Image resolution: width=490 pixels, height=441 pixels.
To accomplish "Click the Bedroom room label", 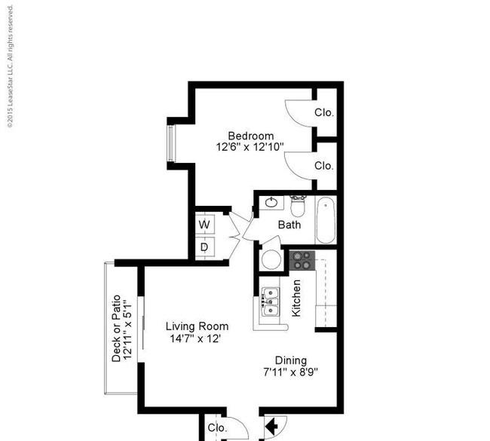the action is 250,136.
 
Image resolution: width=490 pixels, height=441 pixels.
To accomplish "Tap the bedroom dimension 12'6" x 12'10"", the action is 250,147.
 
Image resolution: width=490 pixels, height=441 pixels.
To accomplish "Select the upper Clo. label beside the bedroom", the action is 324,112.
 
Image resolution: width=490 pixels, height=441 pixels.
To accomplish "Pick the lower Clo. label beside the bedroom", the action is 324,166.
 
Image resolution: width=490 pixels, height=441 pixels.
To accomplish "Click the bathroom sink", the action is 271,203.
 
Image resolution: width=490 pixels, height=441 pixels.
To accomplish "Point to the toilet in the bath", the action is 297,206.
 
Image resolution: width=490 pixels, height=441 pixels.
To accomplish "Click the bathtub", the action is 326,220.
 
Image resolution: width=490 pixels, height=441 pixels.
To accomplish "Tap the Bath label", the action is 289,225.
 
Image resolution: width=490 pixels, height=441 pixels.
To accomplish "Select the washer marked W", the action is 205,224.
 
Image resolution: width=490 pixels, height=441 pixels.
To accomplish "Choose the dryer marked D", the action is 205,247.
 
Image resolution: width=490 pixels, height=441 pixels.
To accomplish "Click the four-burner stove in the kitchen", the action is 302,260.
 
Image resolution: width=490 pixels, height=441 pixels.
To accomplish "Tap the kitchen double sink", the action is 270,302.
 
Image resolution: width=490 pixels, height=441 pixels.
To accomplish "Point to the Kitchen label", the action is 296,299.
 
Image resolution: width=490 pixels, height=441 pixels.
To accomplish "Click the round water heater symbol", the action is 271,259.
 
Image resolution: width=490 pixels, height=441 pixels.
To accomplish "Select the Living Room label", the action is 197,326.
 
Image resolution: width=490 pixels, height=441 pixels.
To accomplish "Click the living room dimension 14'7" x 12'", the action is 196,338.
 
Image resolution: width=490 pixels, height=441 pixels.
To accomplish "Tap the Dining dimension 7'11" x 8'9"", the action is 291,372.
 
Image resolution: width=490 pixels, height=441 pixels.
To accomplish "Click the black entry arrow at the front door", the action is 271,425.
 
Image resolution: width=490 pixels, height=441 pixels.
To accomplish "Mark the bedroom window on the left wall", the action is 170,143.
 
